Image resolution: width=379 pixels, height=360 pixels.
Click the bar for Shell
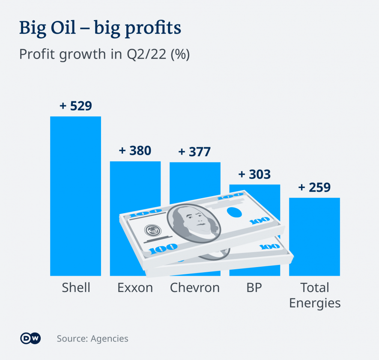pyautogui.click(x=75, y=196)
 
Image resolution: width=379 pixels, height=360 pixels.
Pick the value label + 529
pyautogui.click(x=76, y=106)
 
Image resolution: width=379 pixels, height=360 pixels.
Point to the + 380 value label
pyautogui.click(x=135, y=151)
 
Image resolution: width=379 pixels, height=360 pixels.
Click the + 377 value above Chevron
pyautogui.click(x=194, y=152)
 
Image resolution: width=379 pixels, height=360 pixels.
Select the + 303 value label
pyautogui.click(x=254, y=174)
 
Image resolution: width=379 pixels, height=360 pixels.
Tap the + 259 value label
pyautogui.click(x=314, y=187)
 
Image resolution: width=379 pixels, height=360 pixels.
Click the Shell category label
pyautogui.click(x=76, y=288)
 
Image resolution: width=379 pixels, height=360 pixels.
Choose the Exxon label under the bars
pyautogui.click(x=135, y=288)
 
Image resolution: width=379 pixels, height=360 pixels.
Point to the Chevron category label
pyautogui.click(x=195, y=288)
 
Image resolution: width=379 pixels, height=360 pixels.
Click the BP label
pyautogui.click(x=254, y=288)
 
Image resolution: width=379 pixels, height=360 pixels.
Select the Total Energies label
pyautogui.click(x=315, y=295)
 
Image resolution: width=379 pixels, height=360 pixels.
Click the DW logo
pyautogui.click(x=30, y=339)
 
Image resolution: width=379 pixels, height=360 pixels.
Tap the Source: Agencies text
pyautogui.click(x=93, y=339)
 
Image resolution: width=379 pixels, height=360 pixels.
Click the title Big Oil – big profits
pyautogui.click(x=100, y=28)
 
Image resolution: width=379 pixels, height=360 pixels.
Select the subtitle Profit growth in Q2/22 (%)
pyautogui.click(x=104, y=54)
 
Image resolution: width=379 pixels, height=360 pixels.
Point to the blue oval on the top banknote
pyautogui.click(x=233, y=212)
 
